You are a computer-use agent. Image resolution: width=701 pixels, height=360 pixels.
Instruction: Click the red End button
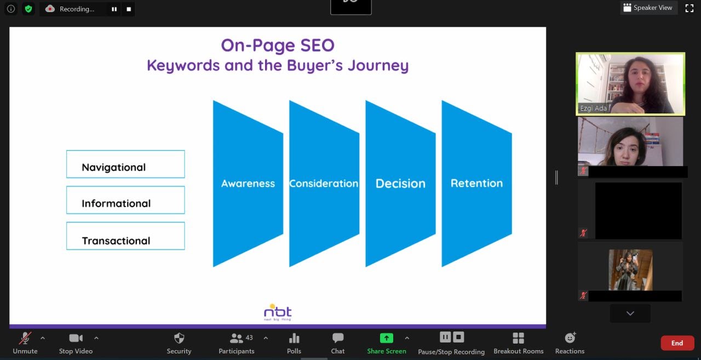(677, 343)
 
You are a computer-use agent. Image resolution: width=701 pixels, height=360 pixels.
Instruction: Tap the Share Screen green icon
(387, 338)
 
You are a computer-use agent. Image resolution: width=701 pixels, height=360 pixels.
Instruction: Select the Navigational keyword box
(125, 164)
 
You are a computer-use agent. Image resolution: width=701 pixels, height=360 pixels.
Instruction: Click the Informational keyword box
(125, 200)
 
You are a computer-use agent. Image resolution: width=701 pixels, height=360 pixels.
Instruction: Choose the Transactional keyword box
(125, 236)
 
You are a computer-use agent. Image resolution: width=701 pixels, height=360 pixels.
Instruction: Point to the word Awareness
(248, 184)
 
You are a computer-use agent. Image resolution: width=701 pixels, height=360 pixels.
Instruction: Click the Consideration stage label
(324, 184)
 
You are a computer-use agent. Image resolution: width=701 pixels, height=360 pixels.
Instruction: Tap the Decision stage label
(400, 184)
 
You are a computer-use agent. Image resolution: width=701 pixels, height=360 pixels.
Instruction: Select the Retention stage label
(476, 183)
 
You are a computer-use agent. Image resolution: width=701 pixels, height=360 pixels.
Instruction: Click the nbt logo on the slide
(278, 312)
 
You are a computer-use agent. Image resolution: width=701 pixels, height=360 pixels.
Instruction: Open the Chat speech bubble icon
(338, 338)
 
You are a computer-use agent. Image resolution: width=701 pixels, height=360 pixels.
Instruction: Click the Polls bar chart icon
(294, 338)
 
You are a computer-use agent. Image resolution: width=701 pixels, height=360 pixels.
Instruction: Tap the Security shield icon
(179, 338)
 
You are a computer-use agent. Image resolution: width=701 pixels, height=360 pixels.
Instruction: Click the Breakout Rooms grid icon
(518, 338)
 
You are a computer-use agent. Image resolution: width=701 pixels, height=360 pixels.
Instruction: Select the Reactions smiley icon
(570, 338)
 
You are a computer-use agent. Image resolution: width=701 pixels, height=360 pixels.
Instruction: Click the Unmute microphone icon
(25, 338)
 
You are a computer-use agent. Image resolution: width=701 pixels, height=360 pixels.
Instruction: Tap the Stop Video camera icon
(76, 338)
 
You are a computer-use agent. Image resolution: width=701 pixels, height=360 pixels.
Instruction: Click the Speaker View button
(648, 8)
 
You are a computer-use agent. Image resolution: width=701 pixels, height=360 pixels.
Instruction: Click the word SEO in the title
(317, 45)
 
